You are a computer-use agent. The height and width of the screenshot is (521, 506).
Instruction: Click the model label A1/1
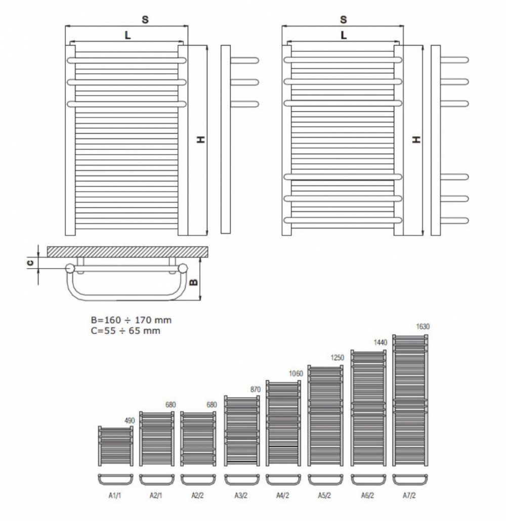point(115,495)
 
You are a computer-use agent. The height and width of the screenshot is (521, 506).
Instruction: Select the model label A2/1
point(156,495)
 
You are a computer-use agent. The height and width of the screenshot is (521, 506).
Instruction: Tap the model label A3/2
point(241,495)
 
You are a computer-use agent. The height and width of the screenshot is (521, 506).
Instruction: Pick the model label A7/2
point(409,495)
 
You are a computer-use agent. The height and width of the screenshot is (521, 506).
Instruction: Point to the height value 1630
point(423,327)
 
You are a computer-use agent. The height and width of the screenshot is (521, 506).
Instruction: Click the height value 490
point(130,421)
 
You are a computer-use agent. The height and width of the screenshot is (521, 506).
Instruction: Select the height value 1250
point(338,358)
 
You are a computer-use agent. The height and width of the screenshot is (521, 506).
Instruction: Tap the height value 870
point(256,389)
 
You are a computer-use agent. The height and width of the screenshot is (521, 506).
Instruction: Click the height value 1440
point(381,342)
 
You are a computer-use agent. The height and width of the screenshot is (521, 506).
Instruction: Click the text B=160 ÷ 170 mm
point(132,320)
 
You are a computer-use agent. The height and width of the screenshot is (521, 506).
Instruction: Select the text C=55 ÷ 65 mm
point(125,331)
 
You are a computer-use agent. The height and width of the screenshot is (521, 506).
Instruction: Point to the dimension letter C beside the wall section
point(30,263)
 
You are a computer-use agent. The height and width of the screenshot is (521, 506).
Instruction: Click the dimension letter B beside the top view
point(193,282)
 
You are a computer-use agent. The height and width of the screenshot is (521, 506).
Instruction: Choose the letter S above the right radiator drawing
point(344,20)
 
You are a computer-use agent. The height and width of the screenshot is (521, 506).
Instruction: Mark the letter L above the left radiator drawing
point(128,35)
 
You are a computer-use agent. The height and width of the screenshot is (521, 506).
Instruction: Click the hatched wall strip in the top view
point(128,252)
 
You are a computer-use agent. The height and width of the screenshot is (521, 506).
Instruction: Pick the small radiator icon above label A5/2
point(325,416)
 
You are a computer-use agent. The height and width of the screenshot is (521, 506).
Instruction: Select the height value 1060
point(296,374)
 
